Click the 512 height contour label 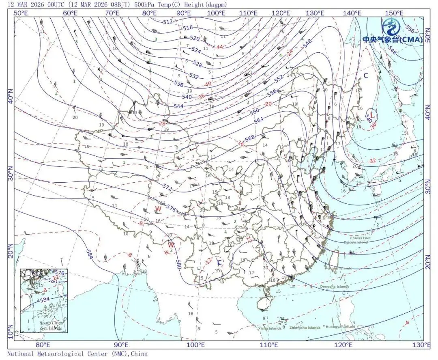click(x=167, y=22)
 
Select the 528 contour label click(x=198, y=64)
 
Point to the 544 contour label click(x=178, y=106)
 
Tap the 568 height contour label click(x=250, y=138)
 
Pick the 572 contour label click(x=167, y=188)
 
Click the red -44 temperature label click(x=219, y=47)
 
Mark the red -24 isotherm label click(x=290, y=53)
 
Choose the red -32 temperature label click(x=372, y=161)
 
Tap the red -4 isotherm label click(x=406, y=323)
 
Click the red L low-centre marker click(x=372, y=116)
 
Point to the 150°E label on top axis click(x=394, y=13)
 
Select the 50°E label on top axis click(x=21, y=13)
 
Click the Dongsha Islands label click(x=334, y=287)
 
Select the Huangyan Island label click(x=341, y=327)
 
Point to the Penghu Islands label click(x=338, y=268)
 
